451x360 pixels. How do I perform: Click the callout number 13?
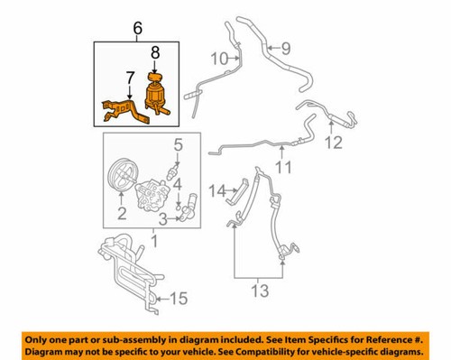(x=260, y=291)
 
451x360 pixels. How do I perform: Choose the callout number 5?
(x=178, y=143)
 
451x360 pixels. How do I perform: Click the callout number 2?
(x=119, y=213)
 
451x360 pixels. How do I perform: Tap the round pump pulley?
(x=119, y=176)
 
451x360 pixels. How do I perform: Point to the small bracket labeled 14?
(x=238, y=192)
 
